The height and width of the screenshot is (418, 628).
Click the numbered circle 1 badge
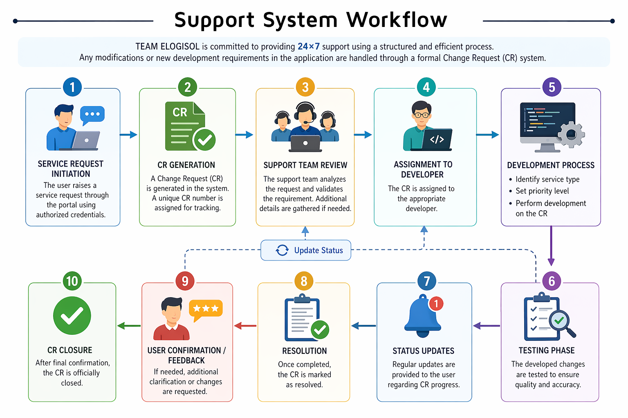(72, 87)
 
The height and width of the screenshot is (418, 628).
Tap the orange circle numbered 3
(305, 87)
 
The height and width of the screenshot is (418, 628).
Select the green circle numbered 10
(72, 281)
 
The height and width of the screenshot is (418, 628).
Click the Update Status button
(306, 250)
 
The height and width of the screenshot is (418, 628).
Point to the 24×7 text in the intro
(309, 47)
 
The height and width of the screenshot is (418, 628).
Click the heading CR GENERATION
(186, 165)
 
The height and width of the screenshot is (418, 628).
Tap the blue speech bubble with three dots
(92, 115)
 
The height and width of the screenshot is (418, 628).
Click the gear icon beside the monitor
(571, 134)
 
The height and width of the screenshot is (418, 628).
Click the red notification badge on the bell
(436, 303)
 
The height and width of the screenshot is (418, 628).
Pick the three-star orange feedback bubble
(206, 309)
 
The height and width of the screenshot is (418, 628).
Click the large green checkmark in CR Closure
(72, 316)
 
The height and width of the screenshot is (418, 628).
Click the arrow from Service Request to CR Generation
(128, 135)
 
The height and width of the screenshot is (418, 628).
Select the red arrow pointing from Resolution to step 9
(245, 326)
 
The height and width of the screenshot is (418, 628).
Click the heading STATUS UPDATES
(423, 351)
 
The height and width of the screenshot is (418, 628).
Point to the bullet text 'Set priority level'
(542, 191)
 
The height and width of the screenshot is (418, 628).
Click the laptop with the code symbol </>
(437, 140)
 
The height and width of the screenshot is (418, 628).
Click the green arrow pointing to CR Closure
(129, 326)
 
